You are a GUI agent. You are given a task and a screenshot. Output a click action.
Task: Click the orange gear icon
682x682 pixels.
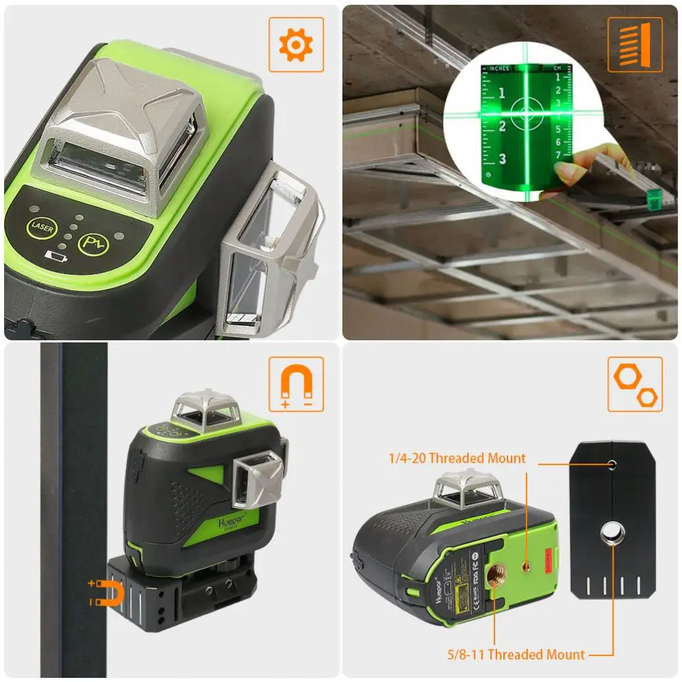coord(296,45)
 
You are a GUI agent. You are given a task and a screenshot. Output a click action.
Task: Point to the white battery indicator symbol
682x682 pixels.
coord(53,257)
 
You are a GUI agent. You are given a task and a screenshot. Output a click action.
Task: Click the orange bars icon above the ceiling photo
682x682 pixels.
coord(635,45)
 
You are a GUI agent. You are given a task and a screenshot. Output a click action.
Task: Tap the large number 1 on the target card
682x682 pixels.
coord(501,93)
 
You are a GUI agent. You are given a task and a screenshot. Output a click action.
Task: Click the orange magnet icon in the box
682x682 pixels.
coord(296,384)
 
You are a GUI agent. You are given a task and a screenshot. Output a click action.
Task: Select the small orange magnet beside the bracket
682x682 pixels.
coord(110,593)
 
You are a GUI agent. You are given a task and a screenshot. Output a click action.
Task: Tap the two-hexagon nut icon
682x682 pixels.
coord(635,384)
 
